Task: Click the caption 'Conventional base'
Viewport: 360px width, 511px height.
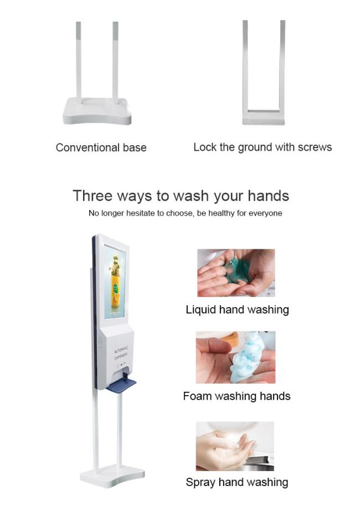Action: (x=101, y=147)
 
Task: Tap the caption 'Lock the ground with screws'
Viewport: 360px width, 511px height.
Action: (x=263, y=147)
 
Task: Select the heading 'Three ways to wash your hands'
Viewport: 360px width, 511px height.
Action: (x=181, y=196)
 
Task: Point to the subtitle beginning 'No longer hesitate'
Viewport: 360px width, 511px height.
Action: (x=186, y=213)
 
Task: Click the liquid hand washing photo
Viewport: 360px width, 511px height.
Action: (x=236, y=273)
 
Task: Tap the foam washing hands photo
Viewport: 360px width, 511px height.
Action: (x=235, y=357)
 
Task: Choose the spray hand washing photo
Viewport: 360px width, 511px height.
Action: (x=235, y=446)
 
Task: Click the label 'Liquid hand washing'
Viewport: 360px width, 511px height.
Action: (x=237, y=310)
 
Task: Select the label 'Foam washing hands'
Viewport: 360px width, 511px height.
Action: (x=236, y=396)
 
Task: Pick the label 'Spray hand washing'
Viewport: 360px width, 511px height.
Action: (x=237, y=482)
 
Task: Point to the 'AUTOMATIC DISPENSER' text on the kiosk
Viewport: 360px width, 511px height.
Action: (x=121, y=353)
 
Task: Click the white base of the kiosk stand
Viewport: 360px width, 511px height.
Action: (x=112, y=477)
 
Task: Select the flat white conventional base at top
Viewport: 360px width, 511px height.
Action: (x=97, y=111)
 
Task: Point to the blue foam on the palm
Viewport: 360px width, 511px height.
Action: (x=246, y=357)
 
